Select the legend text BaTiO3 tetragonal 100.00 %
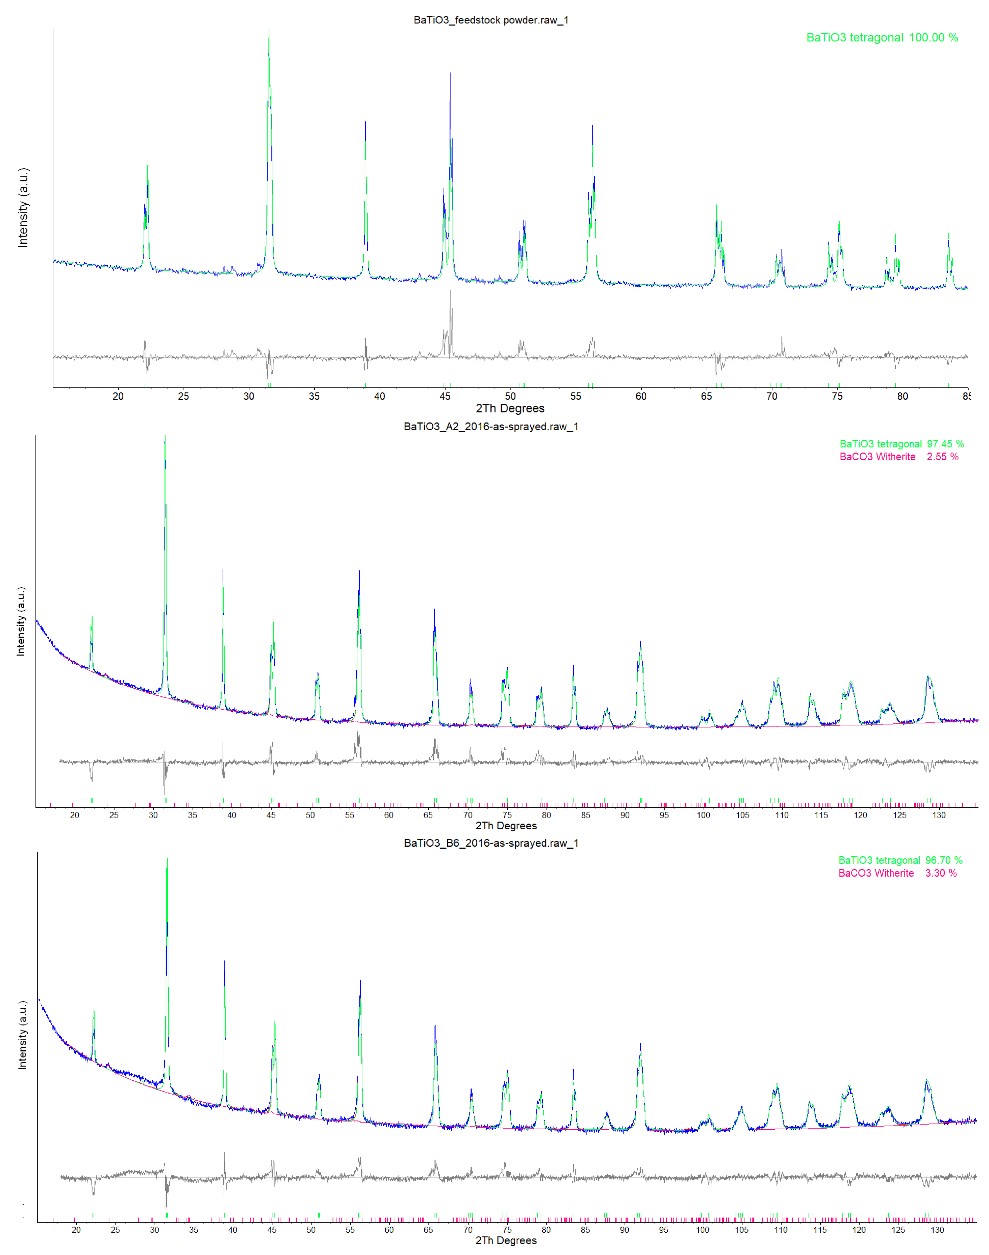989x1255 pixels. pyautogui.click(x=882, y=38)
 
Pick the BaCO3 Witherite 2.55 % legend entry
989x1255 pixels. pyautogui.click(x=899, y=457)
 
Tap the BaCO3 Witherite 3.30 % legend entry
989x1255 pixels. pyautogui.click(x=897, y=873)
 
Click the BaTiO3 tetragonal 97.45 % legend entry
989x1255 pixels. pyautogui.click(x=902, y=444)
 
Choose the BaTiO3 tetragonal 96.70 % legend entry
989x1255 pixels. pyautogui.click(x=900, y=861)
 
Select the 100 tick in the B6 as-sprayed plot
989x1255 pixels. pyautogui.click(x=702, y=1230)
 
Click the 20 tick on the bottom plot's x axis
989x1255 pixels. pyautogui.click(x=76, y=1230)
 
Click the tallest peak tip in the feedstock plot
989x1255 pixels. pyautogui.click(x=269, y=30)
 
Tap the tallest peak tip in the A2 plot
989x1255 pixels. pyautogui.click(x=165, y=437)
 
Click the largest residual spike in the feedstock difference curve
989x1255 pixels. pyautogui.click(x=450, y=291)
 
